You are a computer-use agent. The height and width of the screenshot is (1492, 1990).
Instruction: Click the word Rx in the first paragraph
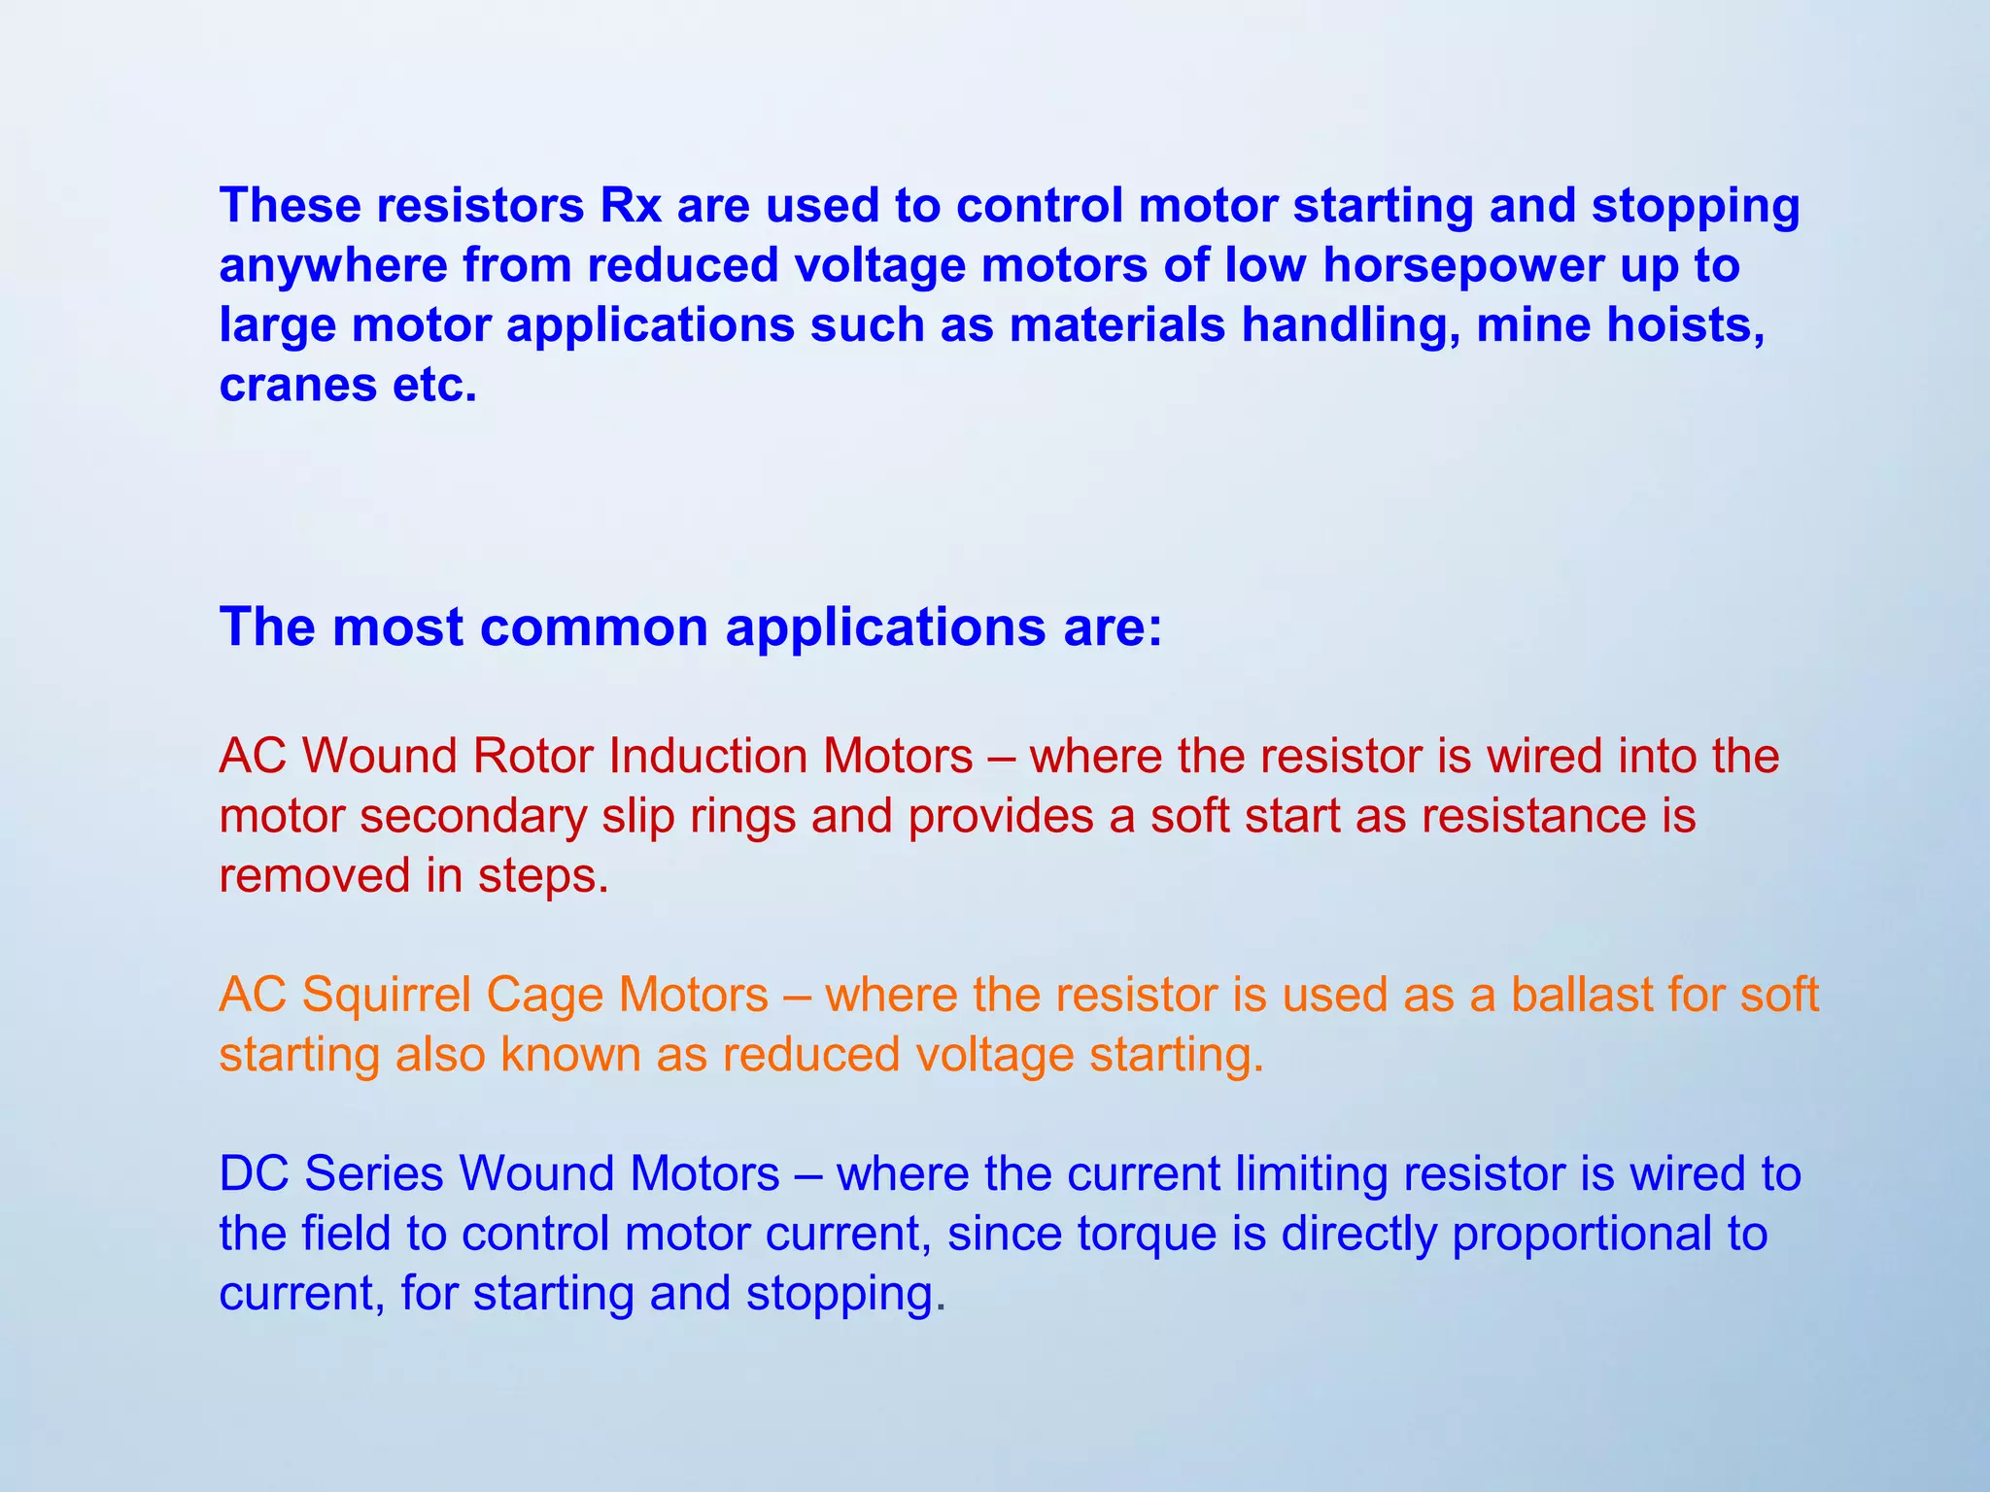tap(631, 205)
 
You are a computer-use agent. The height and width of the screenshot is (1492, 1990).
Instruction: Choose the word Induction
tap(706, 756)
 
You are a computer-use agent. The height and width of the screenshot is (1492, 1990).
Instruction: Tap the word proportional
tap(1580, 1235)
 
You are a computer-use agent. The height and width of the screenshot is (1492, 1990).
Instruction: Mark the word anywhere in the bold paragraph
tap(332, 266)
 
